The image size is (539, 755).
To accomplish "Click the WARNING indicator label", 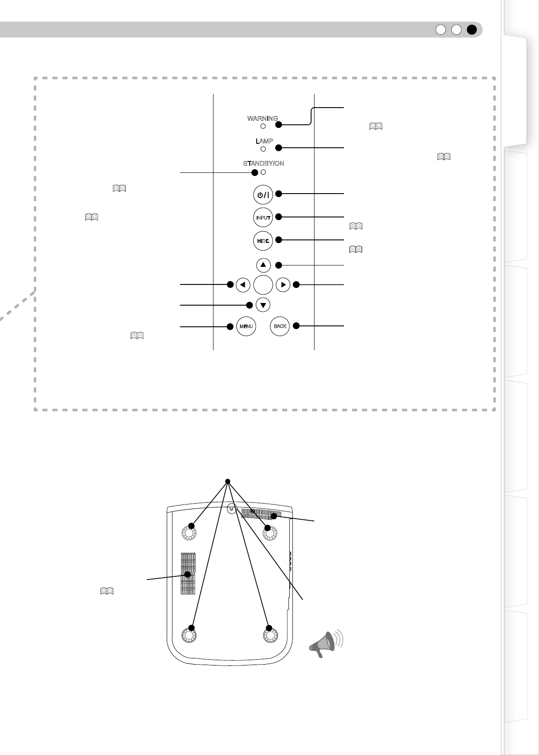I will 262,119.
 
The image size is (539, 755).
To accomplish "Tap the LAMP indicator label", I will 264,141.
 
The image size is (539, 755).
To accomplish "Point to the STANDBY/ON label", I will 263,163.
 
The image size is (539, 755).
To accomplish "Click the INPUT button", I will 263,217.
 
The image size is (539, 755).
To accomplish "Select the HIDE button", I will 263,241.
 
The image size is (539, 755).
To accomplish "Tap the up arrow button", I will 263,265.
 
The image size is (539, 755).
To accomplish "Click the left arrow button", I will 243,285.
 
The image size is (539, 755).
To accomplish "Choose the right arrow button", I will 283,285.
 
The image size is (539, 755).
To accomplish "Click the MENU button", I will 246,326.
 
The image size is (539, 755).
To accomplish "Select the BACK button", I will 280,326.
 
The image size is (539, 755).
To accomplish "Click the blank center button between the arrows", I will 263,285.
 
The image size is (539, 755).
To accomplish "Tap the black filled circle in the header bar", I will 472,30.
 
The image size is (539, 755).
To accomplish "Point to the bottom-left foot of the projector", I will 189,635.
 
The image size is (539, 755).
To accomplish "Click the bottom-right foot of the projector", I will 270,635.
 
